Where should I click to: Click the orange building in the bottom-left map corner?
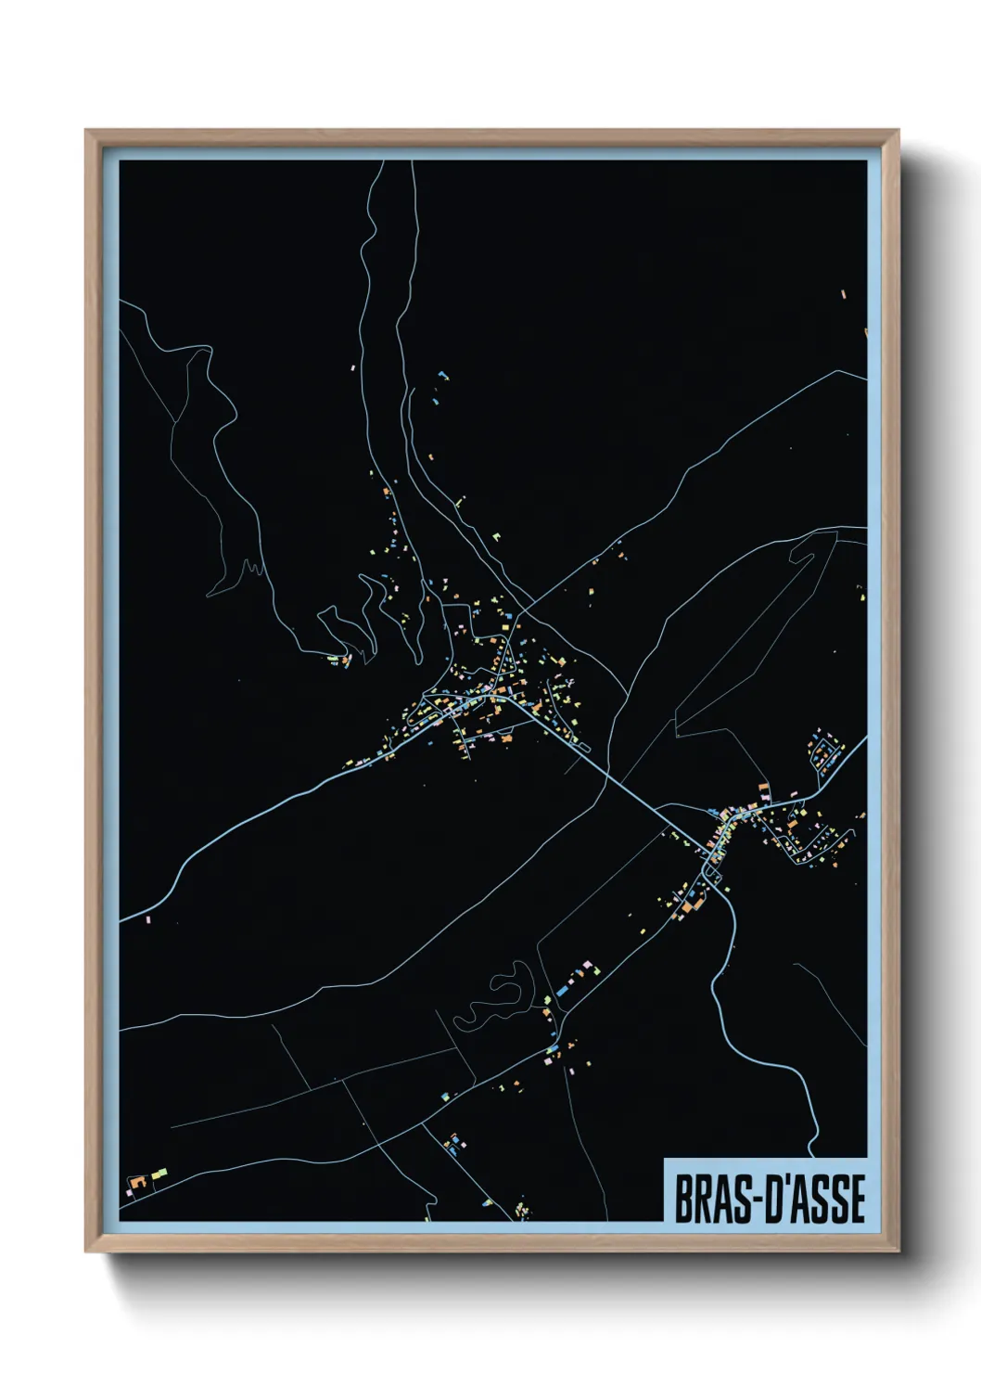(x=134, y=1185)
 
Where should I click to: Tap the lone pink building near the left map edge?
(x=148, y=919)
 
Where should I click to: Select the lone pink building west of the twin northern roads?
(x=353, y=368)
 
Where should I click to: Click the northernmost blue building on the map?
(x=443, y=376)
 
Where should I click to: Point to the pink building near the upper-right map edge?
(x=844, y=294)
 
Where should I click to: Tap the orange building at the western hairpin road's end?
(x=346, y=661)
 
